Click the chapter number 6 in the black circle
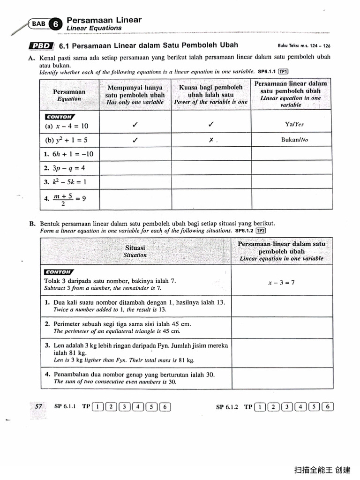click(56, 24)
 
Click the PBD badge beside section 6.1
click(41, 46)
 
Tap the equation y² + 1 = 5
click(67, 140)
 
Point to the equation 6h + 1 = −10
click(68, 154)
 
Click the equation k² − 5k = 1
click(65, 181)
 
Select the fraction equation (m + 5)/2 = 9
click(65, 198)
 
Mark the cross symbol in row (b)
click(211, 140)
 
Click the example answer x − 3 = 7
click(281, 283)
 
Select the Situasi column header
click(135, 251)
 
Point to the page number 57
click(39, 407)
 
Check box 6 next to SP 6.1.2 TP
click(328, 407)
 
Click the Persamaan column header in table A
click(69, 95)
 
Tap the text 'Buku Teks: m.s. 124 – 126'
click(304, 46)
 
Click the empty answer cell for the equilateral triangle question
click(282, 328)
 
